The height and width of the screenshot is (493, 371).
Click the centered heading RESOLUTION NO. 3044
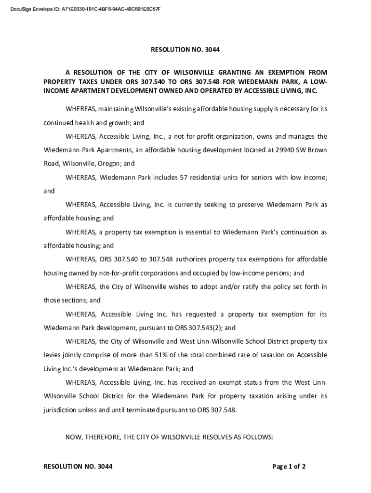coord(185,49)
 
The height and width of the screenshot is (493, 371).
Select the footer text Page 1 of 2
coord(289,466)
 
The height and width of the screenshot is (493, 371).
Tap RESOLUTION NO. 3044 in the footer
coord(78,466)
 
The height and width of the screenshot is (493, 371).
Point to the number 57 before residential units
coord(183,177)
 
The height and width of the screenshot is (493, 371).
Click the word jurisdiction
coord(60,410)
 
